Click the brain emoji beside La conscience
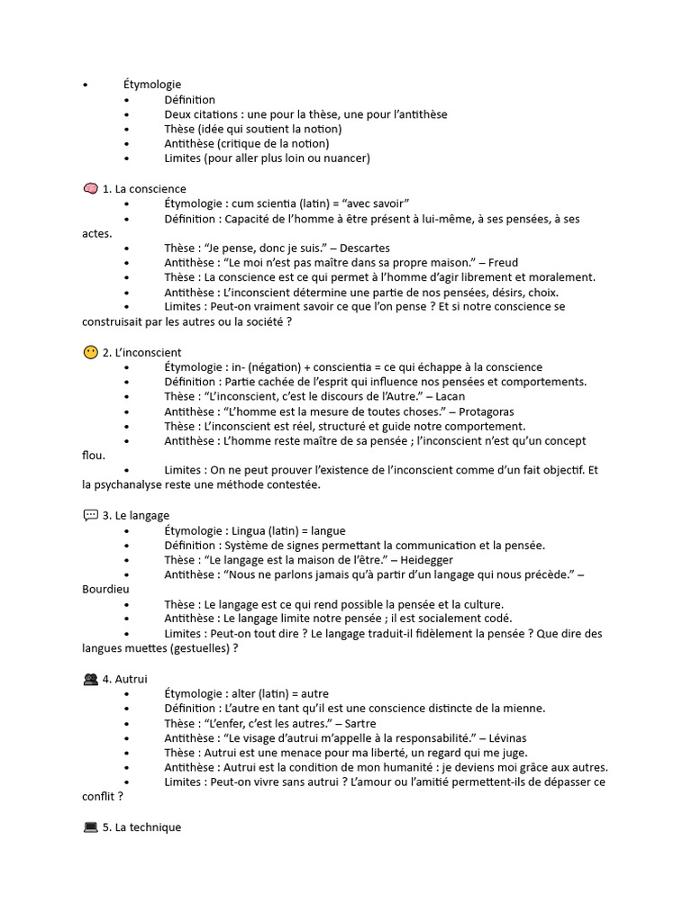(x=90, y=189)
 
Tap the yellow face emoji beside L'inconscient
(x=90, y=353)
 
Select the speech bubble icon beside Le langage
(x=90, y=516)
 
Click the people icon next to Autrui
(x=90, y=679)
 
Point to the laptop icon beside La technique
(x=90, y=827)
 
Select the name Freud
(x=504, y=263)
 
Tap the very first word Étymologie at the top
(x=152, y=85)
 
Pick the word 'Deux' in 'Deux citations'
(x=178, y=114)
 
